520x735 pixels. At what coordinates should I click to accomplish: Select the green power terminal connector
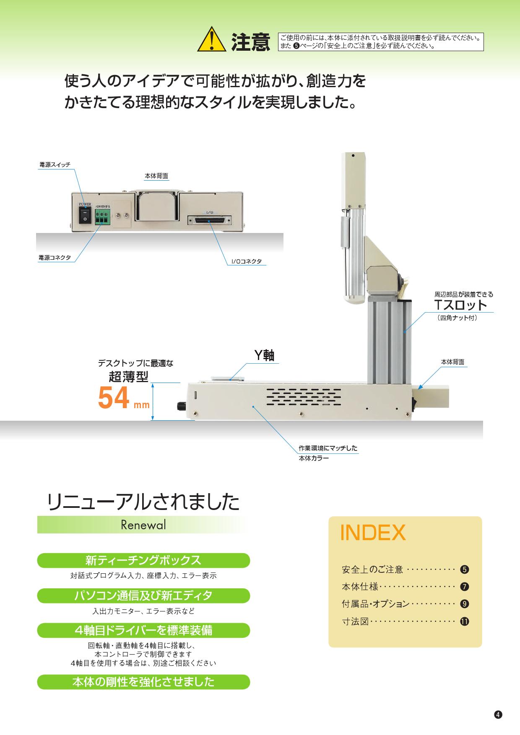click(102, 217)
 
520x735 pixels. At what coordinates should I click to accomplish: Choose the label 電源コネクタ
click(55, 258)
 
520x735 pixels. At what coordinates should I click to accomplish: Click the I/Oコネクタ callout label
click(246, 261)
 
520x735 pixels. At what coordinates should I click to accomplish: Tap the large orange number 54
click(113, 398)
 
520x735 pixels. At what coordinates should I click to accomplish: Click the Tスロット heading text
click(460, 305)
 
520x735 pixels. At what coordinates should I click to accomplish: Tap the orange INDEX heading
click(373, 533)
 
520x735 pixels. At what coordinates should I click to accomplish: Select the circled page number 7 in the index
click(464, 587)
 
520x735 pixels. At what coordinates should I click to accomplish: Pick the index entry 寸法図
click(355, 621)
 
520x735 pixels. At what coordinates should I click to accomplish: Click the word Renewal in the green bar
click(143, 525)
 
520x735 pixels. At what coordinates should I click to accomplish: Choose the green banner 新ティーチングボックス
click(143, 560)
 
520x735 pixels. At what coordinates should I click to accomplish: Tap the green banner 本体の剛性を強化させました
click(143, 682)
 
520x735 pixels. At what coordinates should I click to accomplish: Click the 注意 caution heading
click(250, 42)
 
